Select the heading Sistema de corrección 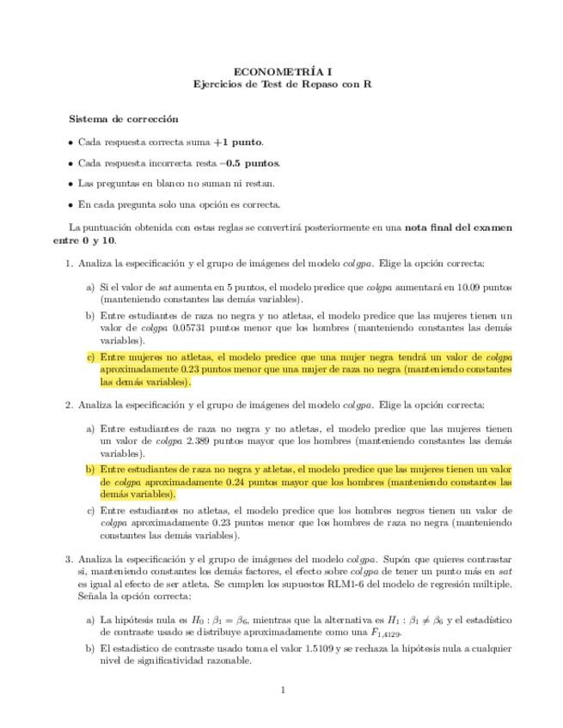pos(124,119)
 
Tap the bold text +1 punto pos(243,143)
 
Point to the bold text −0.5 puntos pos(250,163)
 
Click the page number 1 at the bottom pos(283,689)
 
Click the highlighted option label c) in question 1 pos(90,356)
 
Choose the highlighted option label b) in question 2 pos(90,470)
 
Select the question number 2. pos(70,404)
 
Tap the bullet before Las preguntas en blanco pos(70,184)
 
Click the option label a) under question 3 pos(90,619)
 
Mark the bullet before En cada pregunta pos(70,204)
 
